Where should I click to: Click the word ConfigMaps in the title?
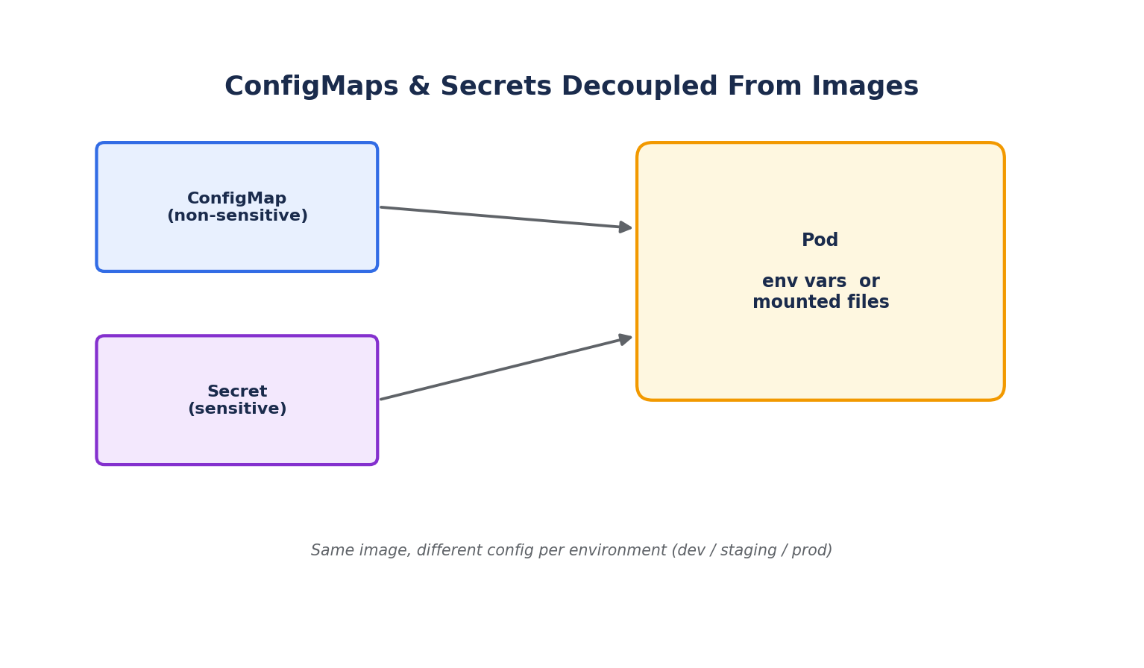tap(312, 86)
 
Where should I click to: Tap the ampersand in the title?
tap(419, 86)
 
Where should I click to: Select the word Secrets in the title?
tap(496, 86)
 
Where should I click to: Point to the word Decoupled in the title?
tap(640, 86)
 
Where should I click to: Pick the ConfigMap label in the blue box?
tap(237, 198)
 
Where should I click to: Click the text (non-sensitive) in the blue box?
tap(237, 215)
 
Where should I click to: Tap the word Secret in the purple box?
tap(237, 391)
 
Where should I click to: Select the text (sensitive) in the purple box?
tap(237, 409)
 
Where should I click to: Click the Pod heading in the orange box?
tap(820, 240)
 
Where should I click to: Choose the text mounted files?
tap(821, 302)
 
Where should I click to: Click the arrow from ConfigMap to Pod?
tap(506, 218)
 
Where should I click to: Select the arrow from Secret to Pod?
tap(506, 368)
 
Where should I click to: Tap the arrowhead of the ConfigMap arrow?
tap(625, 227)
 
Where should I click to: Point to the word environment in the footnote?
tap(617, 550)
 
